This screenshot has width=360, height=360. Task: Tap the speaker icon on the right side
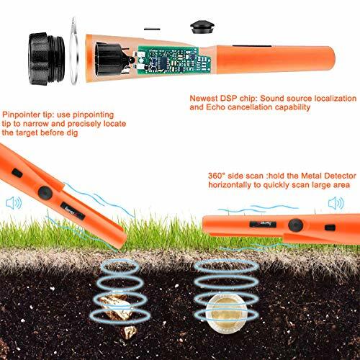[x=333, y=204]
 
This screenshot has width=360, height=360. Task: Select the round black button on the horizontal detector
[x=294, y=225]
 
